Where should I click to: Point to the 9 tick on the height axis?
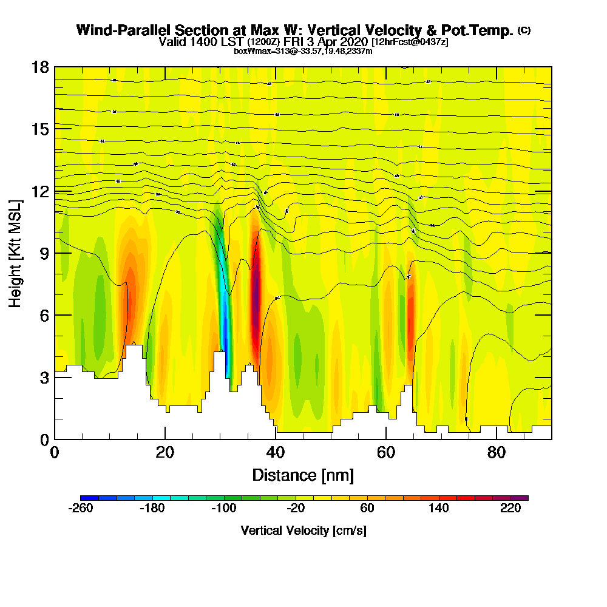(55, 253)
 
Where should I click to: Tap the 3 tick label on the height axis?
(44, 378)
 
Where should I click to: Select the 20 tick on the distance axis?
(165, 439)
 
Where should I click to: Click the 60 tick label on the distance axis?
(385, 452)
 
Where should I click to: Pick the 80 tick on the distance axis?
(497, 439)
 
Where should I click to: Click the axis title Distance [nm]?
(302, 475)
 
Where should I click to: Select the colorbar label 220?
(511, 509)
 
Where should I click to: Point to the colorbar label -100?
(223, 509)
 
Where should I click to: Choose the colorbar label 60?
(367, 509)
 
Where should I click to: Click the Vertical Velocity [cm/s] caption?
(303, 531)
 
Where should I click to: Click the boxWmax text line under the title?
(303, 51)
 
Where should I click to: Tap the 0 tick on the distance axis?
(55, 439)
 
